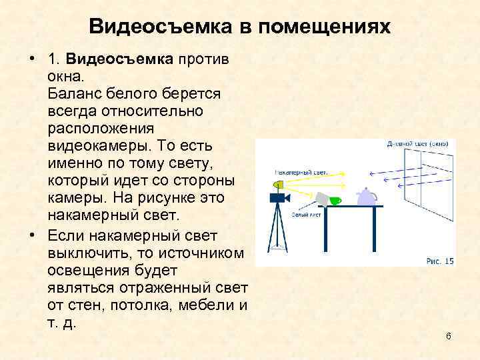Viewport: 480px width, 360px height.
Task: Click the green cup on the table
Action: [x=335, y=201]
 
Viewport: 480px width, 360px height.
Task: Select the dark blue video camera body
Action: [x=278, y=197]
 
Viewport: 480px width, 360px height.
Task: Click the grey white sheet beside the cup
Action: [x=322, y=198]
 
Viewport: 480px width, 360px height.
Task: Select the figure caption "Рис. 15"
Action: [x=440, y=261]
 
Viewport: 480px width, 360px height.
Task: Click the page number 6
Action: [x=449, y=335]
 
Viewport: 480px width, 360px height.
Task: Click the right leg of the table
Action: [x=379, y=237]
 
